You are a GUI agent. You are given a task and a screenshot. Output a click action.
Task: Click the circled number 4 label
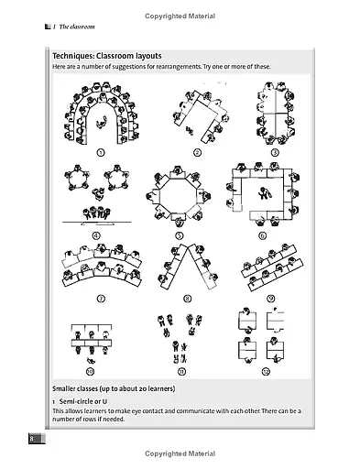pos(97,234)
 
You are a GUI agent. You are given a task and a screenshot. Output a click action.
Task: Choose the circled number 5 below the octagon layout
pos(180,234)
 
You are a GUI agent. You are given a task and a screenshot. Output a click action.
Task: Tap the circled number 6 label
pos(263,234)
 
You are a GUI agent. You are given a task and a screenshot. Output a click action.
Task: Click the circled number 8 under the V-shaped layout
pos(188,298)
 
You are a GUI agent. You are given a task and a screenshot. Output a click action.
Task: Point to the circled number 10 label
pos(91,371)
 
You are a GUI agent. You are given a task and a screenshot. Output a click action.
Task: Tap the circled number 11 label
pos(180,371)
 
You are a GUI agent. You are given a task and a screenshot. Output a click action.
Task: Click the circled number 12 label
pos(267,371)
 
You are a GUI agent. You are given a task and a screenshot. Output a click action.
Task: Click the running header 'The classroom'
pos(74,27)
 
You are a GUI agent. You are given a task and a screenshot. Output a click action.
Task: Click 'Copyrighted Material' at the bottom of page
pos(180,453)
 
